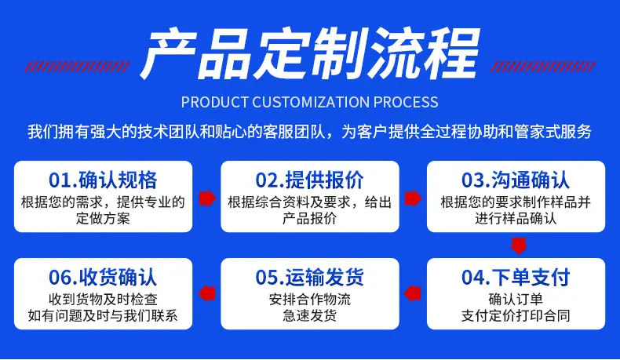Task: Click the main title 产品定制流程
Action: [310, 54]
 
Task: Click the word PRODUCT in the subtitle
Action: [215, 102]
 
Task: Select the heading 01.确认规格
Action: [103, 180]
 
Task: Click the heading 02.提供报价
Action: [309, 180]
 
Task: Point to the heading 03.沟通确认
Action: [516, 180]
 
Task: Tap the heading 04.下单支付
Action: [516, 277]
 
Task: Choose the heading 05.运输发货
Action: [309, 277]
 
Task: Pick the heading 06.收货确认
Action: [103, 277]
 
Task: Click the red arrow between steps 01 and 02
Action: [207, 198]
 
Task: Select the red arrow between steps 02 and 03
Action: [413, 198]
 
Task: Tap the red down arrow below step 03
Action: [519, 245]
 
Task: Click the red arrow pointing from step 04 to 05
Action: [412, 293]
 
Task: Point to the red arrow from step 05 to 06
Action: [207, 293]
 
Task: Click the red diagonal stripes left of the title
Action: [77, 67]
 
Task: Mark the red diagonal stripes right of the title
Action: [543, 67]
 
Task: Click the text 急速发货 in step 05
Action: [309, 316]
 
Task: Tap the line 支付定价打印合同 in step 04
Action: [516, 316]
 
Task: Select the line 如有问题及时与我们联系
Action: [103, 316]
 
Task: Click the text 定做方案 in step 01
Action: [103, 219]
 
